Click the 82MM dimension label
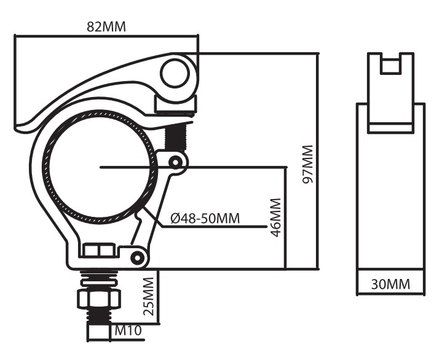[x=106, y=27]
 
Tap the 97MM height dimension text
[x=307, y=164]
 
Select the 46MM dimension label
[x=275, y=217]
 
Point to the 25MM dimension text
[x=148, y=296]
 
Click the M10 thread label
[x=128, y=330]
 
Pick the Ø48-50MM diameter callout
[x=205, y=219]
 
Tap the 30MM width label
[x=390, y=284]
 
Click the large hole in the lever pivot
[x=175, y=74]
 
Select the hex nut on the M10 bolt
[x=99, y=299]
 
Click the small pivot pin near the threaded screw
[x=175, y=162]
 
